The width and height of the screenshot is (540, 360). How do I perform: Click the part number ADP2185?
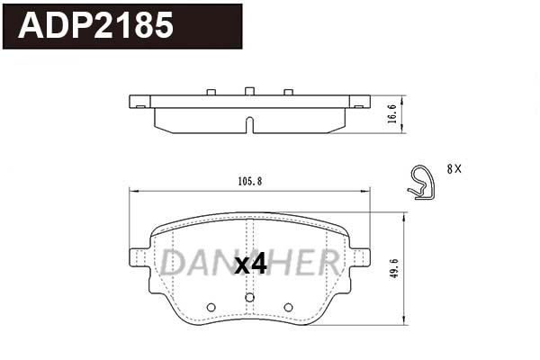pos(96,25)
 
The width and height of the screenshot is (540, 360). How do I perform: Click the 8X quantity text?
pos(454,168)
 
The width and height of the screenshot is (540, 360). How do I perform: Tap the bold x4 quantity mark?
pos(250,265)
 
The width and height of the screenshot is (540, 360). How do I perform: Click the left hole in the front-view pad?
pos(211,307)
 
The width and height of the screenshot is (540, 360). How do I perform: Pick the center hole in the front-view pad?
pos(250,296)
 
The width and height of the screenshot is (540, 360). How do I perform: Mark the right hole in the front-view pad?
pos(288,307)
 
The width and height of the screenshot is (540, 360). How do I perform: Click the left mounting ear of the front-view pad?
pos(139,256)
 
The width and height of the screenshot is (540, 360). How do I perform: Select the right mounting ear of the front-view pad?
pos(360,256)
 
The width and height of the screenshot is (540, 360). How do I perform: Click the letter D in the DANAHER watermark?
pos(173,262)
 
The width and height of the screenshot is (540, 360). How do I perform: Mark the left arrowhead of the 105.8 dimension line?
pos(133,190)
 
